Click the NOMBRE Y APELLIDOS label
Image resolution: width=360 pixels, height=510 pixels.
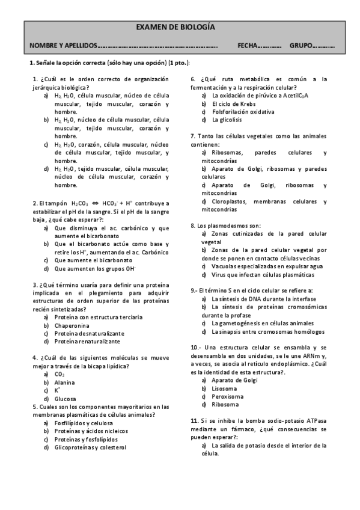[63, 46]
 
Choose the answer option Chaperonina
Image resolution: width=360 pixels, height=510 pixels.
[72, 325]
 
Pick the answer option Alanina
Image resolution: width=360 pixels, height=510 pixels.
[64, 382]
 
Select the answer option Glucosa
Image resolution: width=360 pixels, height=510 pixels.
[65, 399]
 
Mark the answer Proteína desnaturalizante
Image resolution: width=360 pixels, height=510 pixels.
[89, 333]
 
